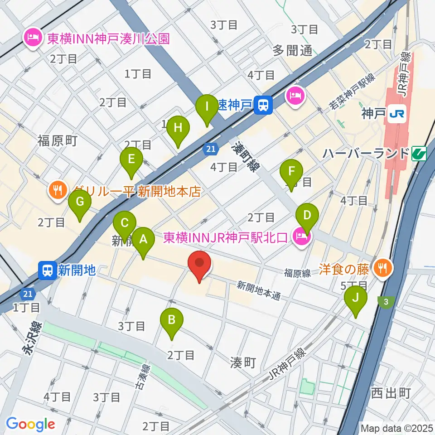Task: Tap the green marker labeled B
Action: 172,320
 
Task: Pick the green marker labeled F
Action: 291,172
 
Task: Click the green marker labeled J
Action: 355,298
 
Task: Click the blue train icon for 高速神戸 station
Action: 262,105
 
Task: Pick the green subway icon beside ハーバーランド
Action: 420,154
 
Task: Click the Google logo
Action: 30,424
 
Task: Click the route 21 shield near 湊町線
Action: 211,148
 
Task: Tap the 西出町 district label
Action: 390,392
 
